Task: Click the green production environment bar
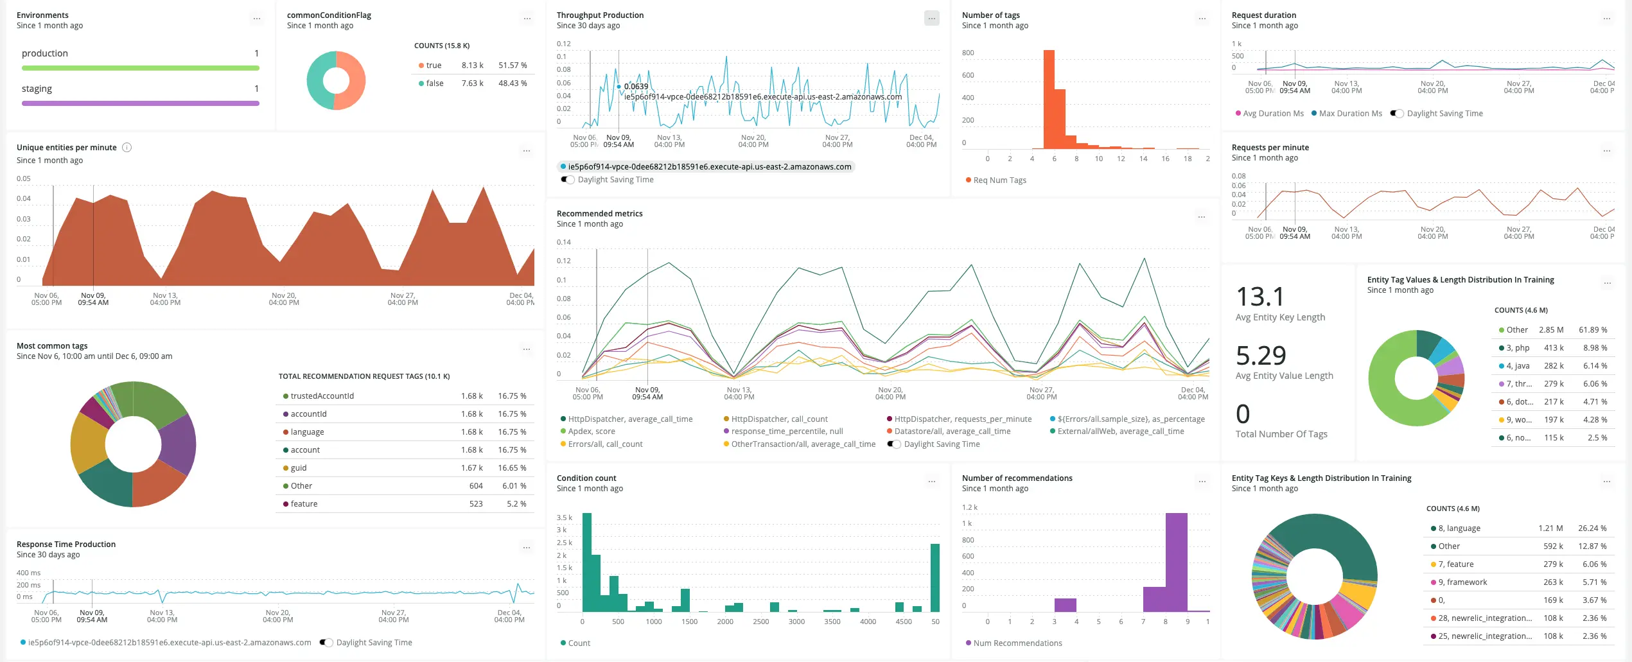[140, 68]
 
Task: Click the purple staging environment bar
[140, 103]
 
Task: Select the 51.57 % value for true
[513, 65]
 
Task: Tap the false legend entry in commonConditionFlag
[434, 83]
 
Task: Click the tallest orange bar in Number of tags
[1049, 100]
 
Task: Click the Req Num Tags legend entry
[999, 180]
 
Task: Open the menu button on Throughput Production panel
[931, 19]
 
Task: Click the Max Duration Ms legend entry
[1350, 114]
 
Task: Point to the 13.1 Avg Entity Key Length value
[1260, 297]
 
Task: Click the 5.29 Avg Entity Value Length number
[1261, 356]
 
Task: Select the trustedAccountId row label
[322, 396]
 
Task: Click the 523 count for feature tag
[475, 504]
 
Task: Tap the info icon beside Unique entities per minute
[127, 148]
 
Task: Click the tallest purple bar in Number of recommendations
[1176, 562]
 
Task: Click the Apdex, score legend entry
[591, 431]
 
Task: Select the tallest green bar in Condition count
[586, 562]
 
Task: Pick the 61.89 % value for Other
[1593, 330]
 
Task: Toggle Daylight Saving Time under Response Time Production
[327, 643]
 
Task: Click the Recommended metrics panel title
[599, 214]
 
